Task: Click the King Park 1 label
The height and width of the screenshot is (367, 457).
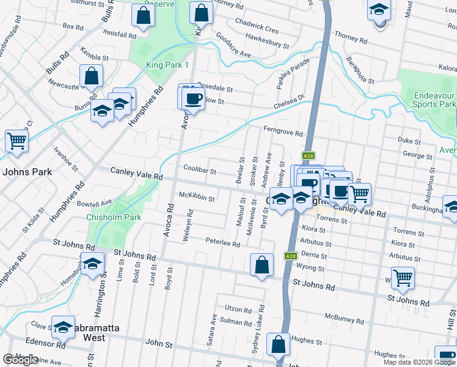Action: pos(167,65)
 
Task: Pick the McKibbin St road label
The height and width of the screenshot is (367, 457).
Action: pos(196,198)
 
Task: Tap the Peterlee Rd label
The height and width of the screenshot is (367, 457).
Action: pos(223,243)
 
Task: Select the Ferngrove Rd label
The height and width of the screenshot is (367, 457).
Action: pos(283,132)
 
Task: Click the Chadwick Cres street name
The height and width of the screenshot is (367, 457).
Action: pos(261,30)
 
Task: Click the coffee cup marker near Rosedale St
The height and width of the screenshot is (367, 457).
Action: pos(194,98)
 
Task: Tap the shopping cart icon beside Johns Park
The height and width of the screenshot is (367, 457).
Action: pos(16,141)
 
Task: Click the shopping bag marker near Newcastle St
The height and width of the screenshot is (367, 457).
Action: pos(91,76)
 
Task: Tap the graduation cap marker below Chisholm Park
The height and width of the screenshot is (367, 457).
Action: pos(92,265)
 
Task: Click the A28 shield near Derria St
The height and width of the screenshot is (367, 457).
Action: pos(290,256)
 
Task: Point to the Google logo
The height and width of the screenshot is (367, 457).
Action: pos(20,360)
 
